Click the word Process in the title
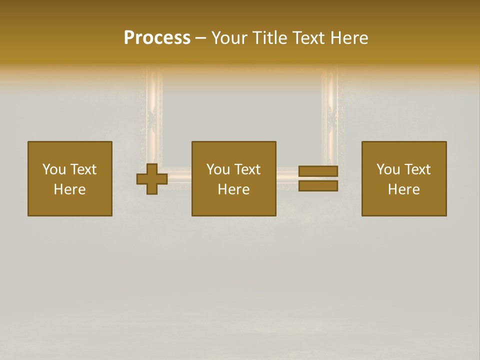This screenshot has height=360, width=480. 157,38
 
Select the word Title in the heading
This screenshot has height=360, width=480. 268,38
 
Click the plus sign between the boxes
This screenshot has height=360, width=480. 152,179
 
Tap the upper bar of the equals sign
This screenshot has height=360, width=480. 318,171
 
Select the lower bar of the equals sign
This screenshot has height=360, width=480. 318,186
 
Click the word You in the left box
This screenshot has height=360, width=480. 54,169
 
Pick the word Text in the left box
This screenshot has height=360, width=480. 83,169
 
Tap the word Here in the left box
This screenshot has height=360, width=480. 69,189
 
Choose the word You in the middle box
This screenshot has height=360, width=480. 218,169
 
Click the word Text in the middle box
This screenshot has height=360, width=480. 247,169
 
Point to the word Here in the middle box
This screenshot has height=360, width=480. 233,189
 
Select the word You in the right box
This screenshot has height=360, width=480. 388,169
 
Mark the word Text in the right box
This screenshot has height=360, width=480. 417,169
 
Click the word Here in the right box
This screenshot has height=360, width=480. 403,189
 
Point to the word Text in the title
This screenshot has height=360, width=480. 307,38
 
